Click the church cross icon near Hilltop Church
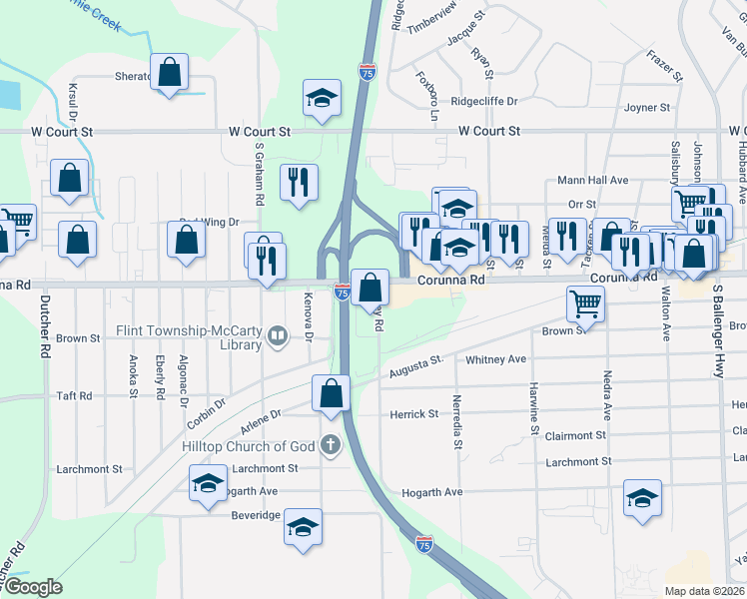332,445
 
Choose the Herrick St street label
413,413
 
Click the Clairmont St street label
576,436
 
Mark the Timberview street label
431,7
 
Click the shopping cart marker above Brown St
585,301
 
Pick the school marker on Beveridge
304,527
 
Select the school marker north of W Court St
322,98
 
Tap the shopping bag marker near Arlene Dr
332,394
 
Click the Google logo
32,588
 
